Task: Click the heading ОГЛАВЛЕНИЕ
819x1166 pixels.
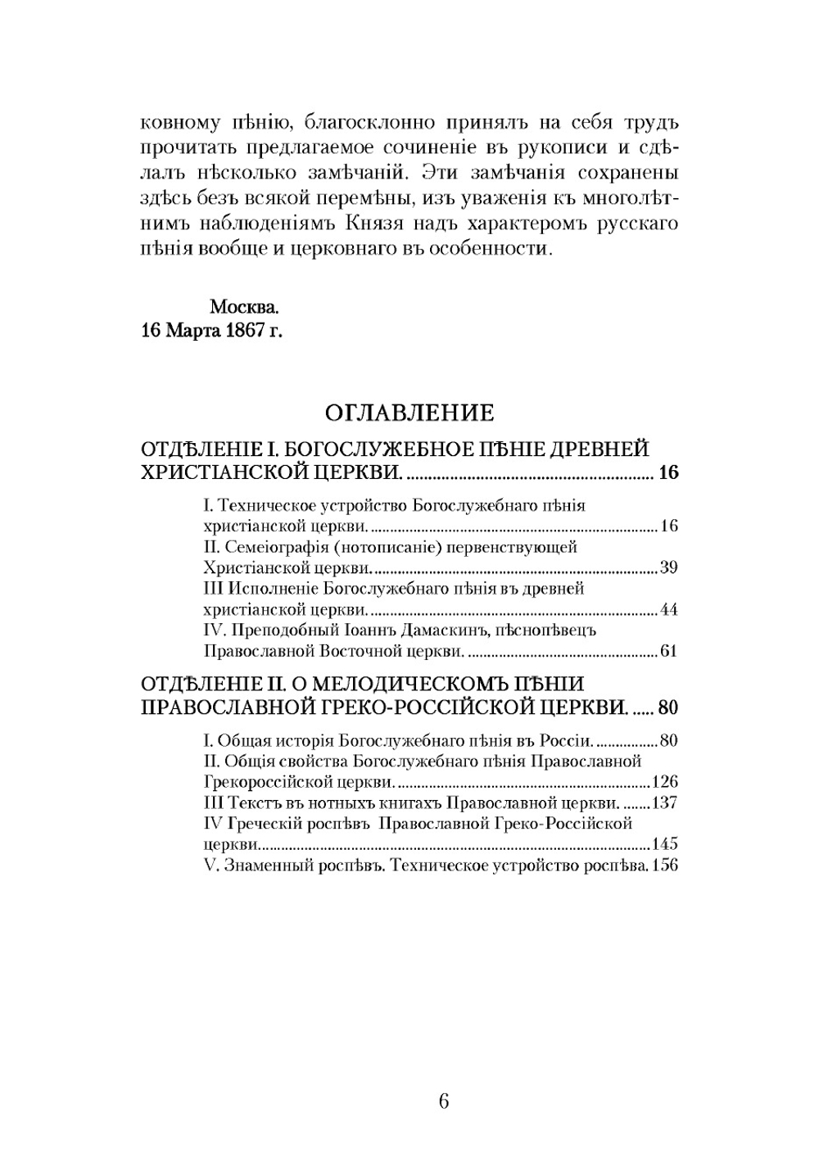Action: (409, 412)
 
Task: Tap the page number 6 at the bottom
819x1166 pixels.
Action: (443, 1101)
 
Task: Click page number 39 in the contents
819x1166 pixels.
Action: (668, 567)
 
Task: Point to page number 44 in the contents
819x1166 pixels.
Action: (668, 609)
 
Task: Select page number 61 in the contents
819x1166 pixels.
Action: (668, 652)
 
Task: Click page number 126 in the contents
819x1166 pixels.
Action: (664, 781)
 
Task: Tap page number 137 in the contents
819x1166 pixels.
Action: (664, 802)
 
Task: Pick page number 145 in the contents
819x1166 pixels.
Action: (664, 844)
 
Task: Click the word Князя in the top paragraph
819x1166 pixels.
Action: (373, 224)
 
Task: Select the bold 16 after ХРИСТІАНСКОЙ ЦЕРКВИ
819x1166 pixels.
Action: (668, 472)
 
